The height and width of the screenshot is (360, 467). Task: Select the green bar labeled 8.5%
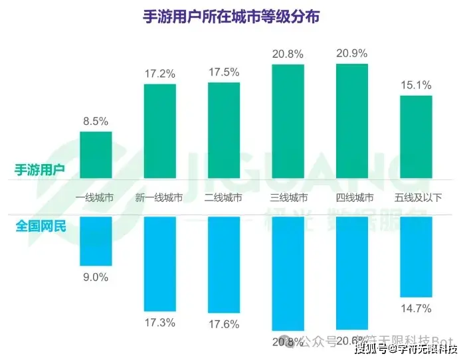click(96, 155)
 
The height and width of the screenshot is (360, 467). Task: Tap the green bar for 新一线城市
click(160, 132)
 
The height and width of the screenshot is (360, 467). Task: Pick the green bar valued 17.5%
click(224, 131)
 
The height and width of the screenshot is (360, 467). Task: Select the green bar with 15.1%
click(416, 137)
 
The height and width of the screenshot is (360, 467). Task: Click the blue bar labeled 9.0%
click(96, 240)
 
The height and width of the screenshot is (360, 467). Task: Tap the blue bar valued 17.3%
click(160, 263)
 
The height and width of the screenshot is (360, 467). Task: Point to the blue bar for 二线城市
click(224, 264)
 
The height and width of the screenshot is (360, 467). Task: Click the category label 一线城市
click(96, 198)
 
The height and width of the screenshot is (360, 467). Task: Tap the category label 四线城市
click(352, 198)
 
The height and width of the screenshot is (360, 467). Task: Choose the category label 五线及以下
click(416, 198)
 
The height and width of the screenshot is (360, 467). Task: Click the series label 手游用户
click(40, 169)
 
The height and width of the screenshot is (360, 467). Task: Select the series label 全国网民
click(40, 226)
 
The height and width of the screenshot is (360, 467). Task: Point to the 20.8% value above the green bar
click(288, 52)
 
